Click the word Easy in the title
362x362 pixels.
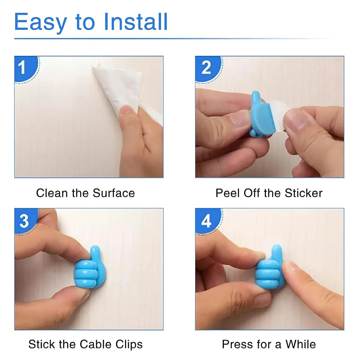(x=41, y=24)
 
